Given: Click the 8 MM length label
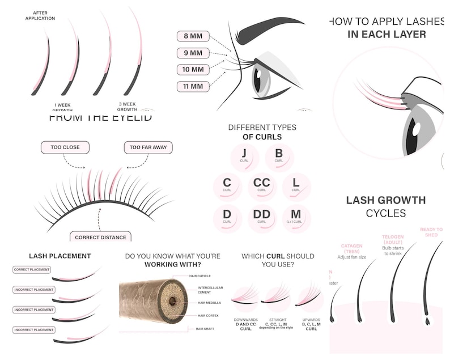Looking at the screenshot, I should point(193,36).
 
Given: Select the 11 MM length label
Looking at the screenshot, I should point(193,86).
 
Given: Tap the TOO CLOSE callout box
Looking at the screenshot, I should point(65,147).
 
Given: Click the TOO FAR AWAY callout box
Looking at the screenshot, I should point(148,147).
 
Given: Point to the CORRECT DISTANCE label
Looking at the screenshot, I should point(100,237).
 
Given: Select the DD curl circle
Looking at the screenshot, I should point(262,218).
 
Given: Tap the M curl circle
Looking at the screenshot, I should point(296,218).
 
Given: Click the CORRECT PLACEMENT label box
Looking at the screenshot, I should point(32,270).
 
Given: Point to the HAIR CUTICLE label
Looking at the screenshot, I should point(200,276).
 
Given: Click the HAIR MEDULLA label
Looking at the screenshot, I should point(210,303).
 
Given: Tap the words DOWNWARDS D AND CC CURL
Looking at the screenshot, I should point(245,324).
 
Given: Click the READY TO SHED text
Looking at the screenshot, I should point(431,232).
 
